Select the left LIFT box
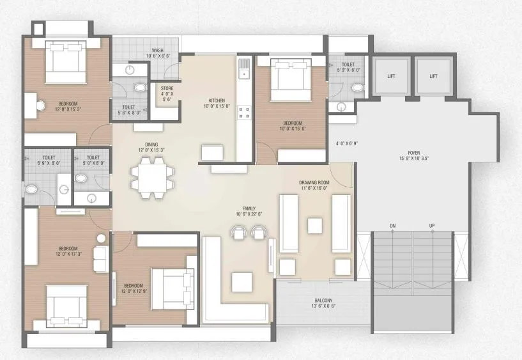(391, 76)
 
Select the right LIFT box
(433, 76)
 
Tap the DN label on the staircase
(393, 226)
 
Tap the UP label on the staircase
(432, 226)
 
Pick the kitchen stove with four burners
(243, 113)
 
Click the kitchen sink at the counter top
(243, 68)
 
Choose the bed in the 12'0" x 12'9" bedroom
(172, 288)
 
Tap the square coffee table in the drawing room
(314, 226)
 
